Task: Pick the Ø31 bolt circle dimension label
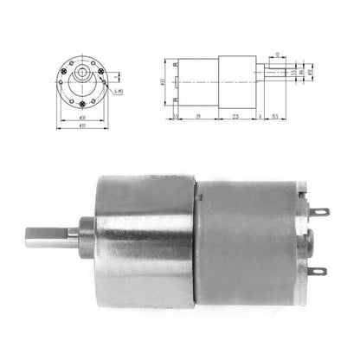coord(84,118)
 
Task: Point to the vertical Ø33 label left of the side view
coord(164,80)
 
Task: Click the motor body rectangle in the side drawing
coord(197,80)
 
